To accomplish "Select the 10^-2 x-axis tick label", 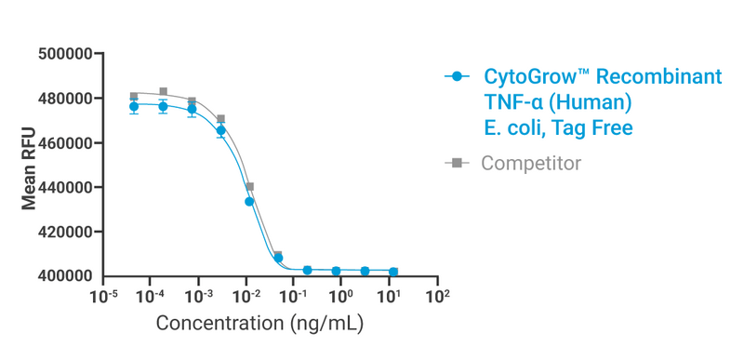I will click(x=246, y=297).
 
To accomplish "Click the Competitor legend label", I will click(x=531, y=163).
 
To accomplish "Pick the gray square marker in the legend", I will click(x=456, y=163).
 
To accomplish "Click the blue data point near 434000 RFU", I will click(x=248, y=201).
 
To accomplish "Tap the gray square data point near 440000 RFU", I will click(x=249, y=187).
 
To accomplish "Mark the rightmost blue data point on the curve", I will click(x=393, y=272).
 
